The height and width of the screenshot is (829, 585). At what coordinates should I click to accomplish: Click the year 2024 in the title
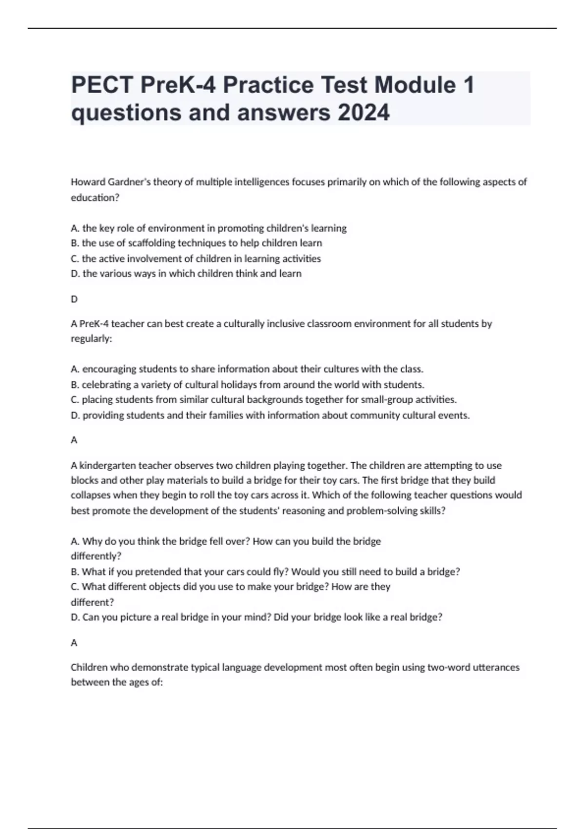(x=363, y=113)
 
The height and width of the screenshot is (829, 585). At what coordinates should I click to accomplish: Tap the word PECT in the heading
(x=102, y=85)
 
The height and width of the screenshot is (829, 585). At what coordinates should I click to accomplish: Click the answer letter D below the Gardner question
(x=74, y=299)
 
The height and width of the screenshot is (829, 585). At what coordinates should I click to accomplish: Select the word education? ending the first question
(x=95, y=197)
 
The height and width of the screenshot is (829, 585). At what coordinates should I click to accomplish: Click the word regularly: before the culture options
(x=91, y=338)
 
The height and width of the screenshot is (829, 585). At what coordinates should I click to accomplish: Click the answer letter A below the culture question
(x=74, y=440)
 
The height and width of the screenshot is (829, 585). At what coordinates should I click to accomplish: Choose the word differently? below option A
(x=96, y=556)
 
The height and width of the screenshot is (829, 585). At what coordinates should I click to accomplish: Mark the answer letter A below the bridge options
(x=74, y=643)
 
